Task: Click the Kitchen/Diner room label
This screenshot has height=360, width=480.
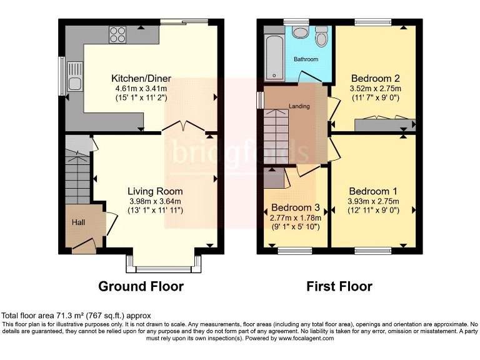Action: pyautogui.click(x=141, y=79)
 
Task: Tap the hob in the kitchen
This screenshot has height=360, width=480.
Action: pyautogui.click(x=117, y=34)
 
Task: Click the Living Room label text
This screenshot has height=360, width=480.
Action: pyautogui.click(x=155, y=191)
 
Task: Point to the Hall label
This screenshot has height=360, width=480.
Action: pyautogui.click(x=77, y=222)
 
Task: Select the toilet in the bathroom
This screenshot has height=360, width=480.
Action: pyautogui.click(x=322, y=37)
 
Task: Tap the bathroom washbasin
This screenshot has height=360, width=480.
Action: pyautogui.click(x=300, y=33)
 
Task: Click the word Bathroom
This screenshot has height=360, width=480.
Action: pyautogui.click(x=306, y=59)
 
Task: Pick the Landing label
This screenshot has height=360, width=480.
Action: pyautogui.click(x=299, y=106)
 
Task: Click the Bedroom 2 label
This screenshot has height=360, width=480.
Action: pyautogui.click(x=375, y=79)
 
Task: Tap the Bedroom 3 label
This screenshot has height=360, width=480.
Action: pyautogui.click(x=296, y=207)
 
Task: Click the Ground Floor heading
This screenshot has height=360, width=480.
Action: pyautogui.click(x=141, y=287)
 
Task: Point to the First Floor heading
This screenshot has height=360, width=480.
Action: pyautogui.click(x=339, y=287)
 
